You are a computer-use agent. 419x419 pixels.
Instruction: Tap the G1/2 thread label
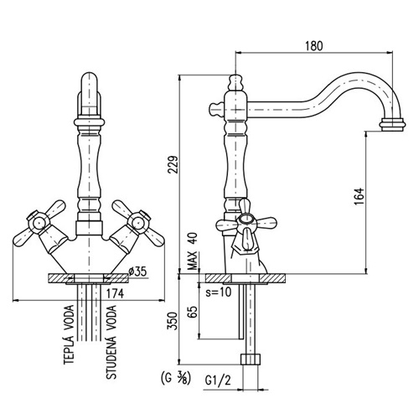click(219, 380)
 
